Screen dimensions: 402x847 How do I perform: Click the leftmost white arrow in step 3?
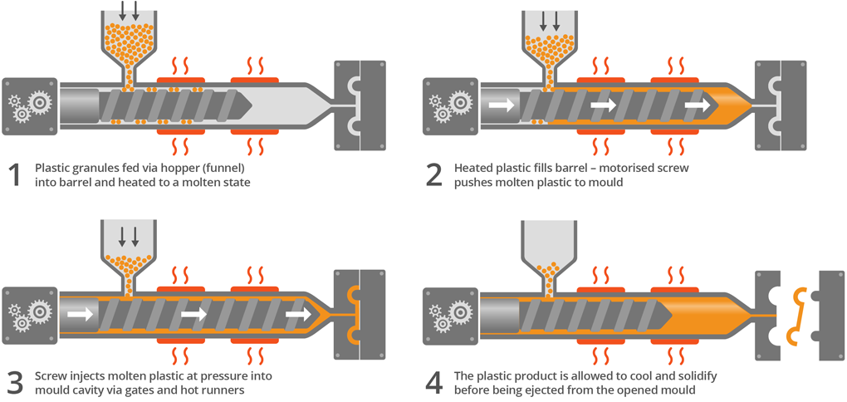(x=79, y=315)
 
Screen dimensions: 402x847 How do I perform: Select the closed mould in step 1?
(x=360, y=104)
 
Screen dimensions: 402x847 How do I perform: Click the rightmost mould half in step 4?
(x=830, y=315)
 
